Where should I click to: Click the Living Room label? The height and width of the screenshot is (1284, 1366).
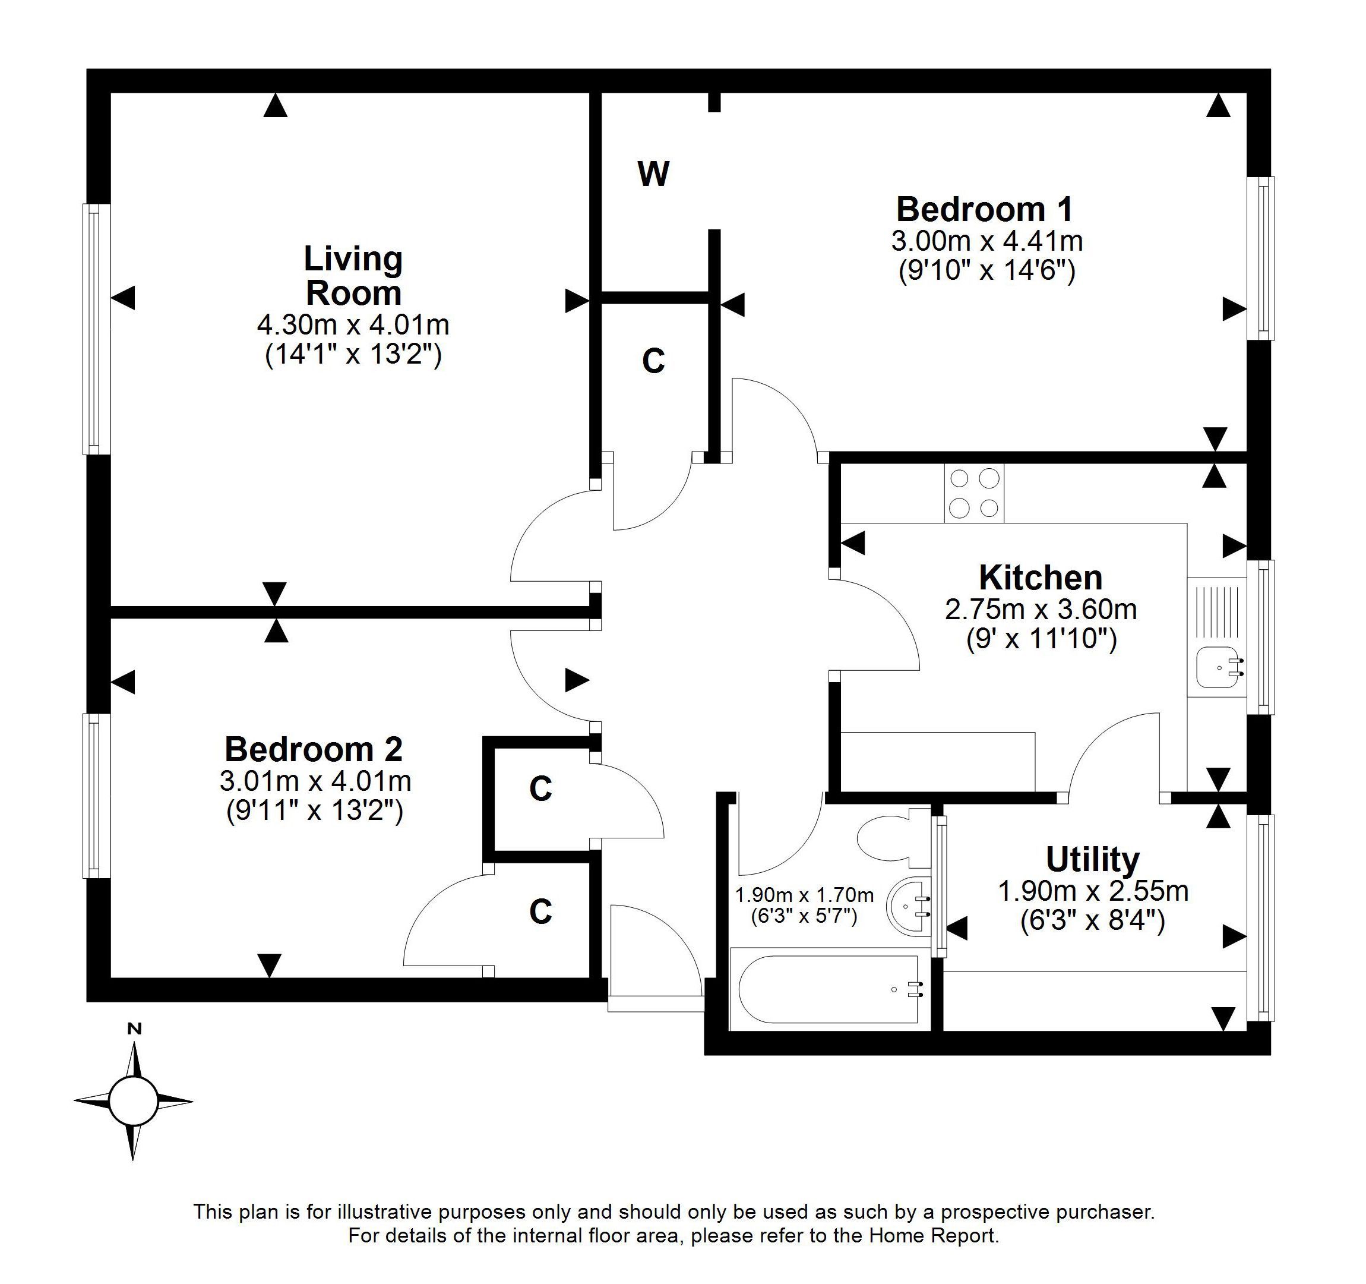(353, 276)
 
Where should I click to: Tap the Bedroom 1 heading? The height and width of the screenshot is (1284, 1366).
(985, 209)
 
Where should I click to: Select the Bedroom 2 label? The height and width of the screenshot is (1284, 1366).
(314, 749)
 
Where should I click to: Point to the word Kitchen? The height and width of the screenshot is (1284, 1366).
(1041, 578)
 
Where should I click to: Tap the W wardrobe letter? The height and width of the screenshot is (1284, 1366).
(653, 174)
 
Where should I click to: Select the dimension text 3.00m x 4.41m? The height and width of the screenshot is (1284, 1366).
(986, 241)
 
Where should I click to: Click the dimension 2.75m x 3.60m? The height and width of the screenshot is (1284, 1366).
(1041, 610)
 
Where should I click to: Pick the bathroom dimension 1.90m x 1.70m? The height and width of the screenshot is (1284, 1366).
(805, 895)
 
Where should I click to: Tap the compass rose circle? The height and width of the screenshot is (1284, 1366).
(132, 1100)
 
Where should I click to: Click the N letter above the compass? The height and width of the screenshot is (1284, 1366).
(135, 1029)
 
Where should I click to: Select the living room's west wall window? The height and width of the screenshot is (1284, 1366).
(97, 329)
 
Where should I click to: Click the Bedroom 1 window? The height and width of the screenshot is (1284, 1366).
(1261, 258)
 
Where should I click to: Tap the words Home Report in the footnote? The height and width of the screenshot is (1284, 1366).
(932, 1236)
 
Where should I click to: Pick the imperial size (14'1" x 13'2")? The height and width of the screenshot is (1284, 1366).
(353, 355)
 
